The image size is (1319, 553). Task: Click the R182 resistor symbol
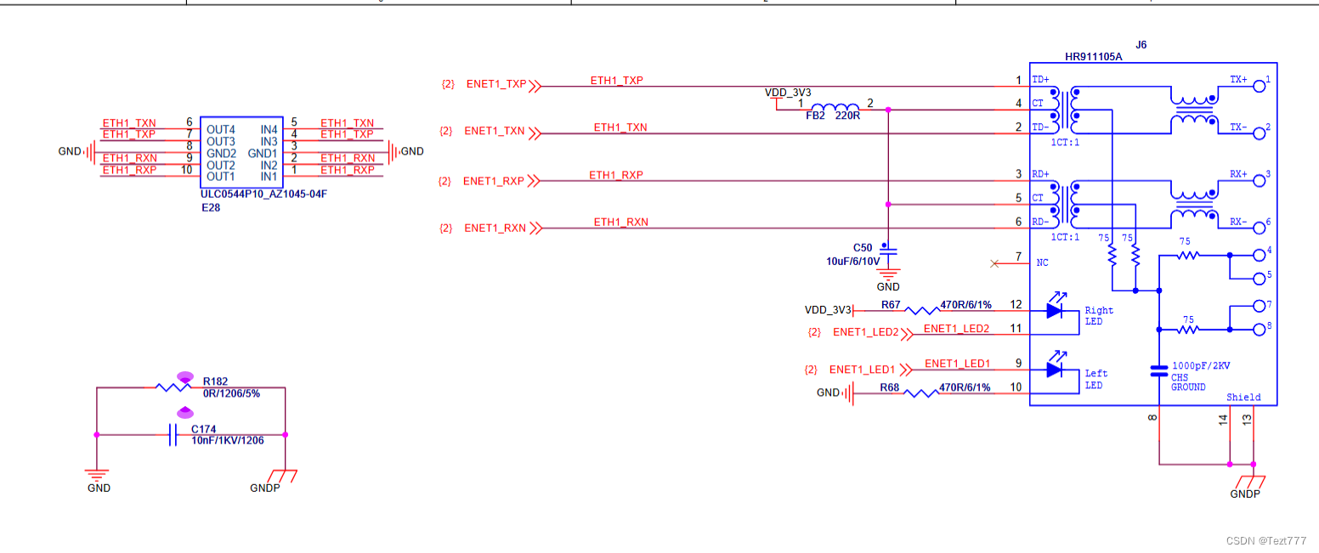[173, 387]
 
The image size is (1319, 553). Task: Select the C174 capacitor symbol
[173, 435]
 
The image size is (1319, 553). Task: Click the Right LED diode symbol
[1055, 311]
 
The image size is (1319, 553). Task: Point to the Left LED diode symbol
[1055, 370]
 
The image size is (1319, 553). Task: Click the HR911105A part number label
[1093, 58]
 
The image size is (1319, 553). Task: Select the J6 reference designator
[1141, 44]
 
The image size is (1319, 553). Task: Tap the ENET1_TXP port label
[496, 85]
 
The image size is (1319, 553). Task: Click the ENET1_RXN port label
[495, 229]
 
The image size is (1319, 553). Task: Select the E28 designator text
[211, 206]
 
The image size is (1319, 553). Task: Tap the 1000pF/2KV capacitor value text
[1201, 365]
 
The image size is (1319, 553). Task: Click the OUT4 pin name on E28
[220, 129]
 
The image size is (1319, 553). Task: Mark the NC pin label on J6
[1042, 263]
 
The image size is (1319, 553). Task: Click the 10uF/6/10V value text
[853, 261]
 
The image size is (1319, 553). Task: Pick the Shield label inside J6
[1243, 398]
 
